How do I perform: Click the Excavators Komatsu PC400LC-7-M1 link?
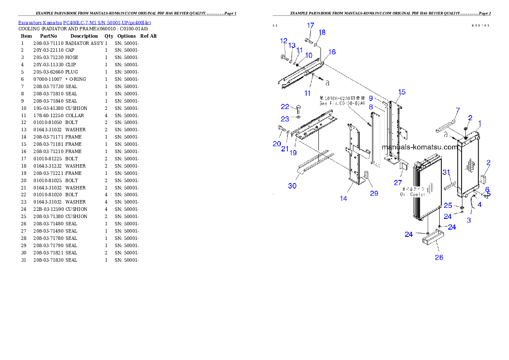84,22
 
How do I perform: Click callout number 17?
311,26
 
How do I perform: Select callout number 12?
284,41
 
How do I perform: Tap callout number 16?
332,52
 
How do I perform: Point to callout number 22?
285,106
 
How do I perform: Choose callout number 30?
292,186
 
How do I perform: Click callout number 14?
343,198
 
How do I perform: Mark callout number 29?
374,193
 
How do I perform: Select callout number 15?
402,92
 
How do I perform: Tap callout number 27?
398,183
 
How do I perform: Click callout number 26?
439,257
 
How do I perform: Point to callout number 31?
446,172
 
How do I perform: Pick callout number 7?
457,111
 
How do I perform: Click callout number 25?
448,206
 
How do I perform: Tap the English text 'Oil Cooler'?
413,194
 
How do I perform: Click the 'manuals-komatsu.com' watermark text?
419,148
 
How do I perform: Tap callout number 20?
277,144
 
